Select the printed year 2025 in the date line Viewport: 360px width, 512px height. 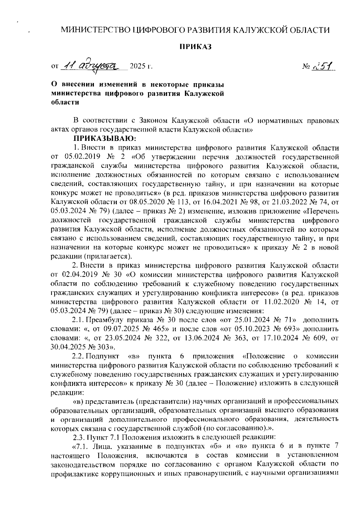[x=137, y=66]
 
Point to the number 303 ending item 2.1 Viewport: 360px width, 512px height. [x=102, y=347]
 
